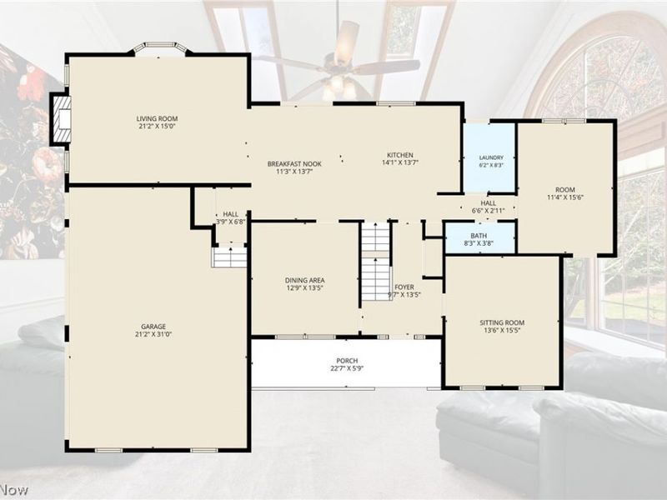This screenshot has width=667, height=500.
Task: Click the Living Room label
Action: [x=157, y=118]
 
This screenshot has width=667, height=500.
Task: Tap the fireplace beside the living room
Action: [x=61, y=119]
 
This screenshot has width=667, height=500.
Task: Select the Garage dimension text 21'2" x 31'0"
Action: [x=153, y=335]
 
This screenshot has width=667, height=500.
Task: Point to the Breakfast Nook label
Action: [x=294, y=163]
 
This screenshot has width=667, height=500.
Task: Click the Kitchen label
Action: [x=400, y=155]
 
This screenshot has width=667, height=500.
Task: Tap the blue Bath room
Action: [x=479, y=239]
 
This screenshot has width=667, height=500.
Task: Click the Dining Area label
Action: [x=304, y=280]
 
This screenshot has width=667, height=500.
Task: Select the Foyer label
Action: [x=404, y=287]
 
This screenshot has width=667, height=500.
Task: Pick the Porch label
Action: [x=347, y=361]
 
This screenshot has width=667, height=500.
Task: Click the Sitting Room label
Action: [x=502, y=322]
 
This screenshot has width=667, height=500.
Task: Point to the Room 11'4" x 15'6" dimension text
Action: [x=565, y=197]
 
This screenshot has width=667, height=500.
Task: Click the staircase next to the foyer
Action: [x=376, y=262]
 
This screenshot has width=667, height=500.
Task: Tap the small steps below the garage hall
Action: [x=229, y=257]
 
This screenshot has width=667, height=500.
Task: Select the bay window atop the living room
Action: [x=160, y=47]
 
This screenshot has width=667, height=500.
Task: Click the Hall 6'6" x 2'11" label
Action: [x=489, y=207]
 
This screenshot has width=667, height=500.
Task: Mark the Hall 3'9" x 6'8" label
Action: [x=231, y=217]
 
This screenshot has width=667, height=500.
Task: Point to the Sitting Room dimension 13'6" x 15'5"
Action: [x=502, y=330]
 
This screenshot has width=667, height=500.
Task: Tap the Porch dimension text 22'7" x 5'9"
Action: [x=347, y=368]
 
